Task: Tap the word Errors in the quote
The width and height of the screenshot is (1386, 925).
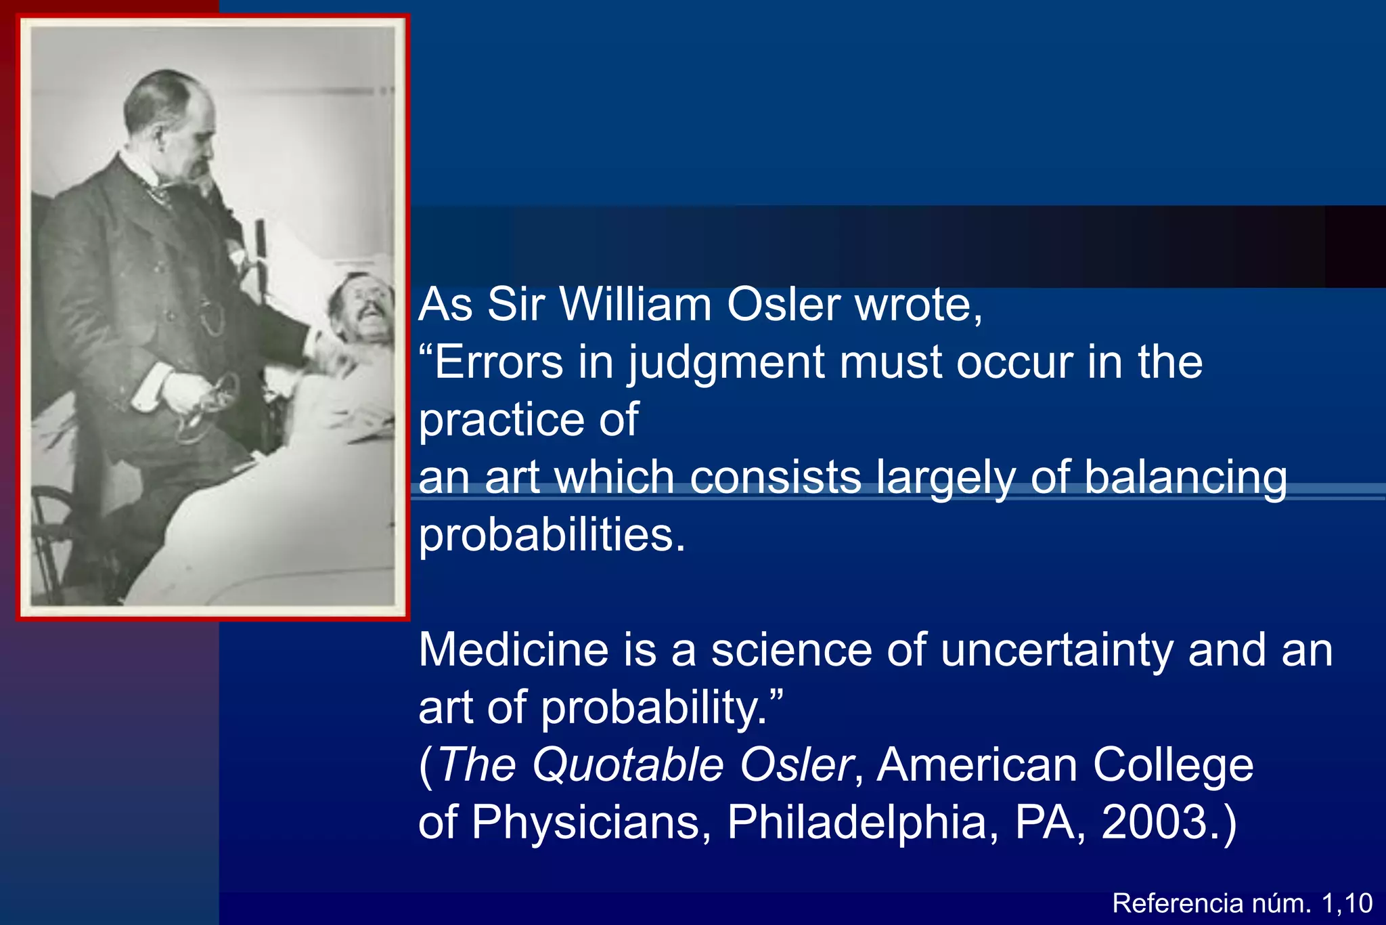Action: (x=498, y=362)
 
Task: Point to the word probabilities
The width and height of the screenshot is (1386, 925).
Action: (x=552, y=535)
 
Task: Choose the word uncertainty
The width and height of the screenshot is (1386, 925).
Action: (x=1056, y=650)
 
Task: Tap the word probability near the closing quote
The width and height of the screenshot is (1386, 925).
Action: (x=654, y=708)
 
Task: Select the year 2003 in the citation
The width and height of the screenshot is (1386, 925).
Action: (x=1155, y=822)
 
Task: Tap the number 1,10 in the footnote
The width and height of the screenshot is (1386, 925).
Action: (x=1347, y=903)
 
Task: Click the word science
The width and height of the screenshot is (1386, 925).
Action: (x=791, y=650)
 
